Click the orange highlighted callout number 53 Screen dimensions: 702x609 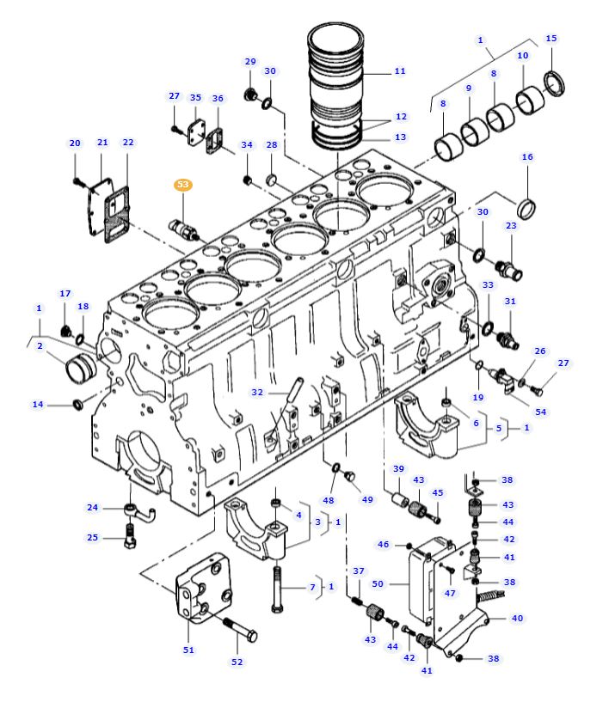[183, 185]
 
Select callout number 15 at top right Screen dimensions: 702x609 [551, 39]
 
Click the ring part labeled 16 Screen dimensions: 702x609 [526, 208]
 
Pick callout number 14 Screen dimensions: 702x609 [38, 404]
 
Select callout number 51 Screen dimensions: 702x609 [188, 650]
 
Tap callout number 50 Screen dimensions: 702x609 [378, 584]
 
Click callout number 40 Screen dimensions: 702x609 [517, 618]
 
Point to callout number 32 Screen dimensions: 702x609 [256, 392]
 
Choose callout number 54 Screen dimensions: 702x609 [540, 412]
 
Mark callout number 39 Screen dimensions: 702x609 [398, 468]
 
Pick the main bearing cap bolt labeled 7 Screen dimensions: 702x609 [277, 587]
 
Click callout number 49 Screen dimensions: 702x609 [367, 499]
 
